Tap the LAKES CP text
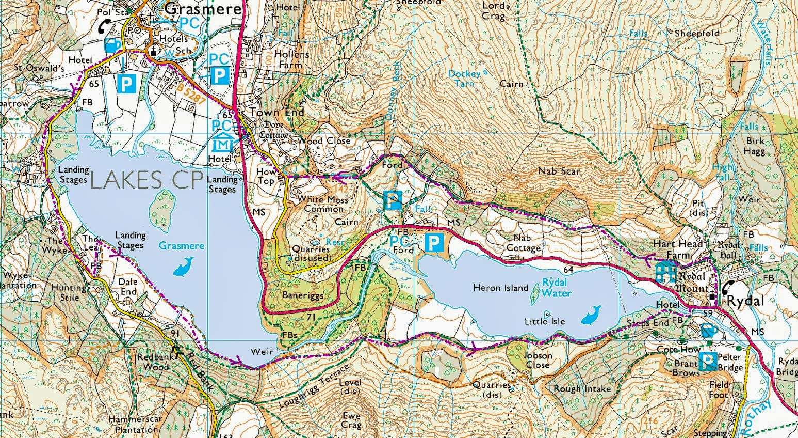point(145,180)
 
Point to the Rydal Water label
point(556,288)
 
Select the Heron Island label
point(500,288)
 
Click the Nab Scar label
point(559,171)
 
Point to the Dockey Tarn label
point(464,79)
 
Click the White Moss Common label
point(323,204)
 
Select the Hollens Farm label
point(292,60)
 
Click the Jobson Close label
point(538,360)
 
